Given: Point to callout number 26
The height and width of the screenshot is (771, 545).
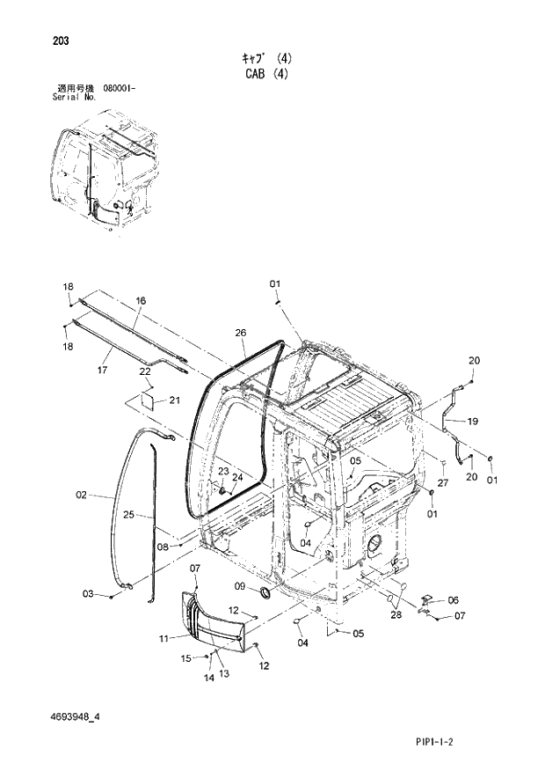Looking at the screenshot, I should tap(241, 333).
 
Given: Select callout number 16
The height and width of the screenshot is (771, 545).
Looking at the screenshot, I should tap(140, 301).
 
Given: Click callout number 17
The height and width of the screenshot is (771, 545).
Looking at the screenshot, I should tap(102, 371).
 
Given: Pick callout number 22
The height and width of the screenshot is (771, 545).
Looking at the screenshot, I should tap(145, 372).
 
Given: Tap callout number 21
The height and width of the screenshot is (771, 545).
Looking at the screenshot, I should tap(174, 401).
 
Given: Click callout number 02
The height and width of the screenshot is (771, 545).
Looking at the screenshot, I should tap(82, 496).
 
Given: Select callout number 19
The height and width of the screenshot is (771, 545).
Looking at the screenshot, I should tap(472, 422).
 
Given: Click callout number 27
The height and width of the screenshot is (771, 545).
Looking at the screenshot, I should tap(443, 482).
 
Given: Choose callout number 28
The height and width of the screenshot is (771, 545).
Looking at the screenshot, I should tap(397, 615).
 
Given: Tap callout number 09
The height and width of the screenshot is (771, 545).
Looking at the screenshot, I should tap(240, 585).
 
